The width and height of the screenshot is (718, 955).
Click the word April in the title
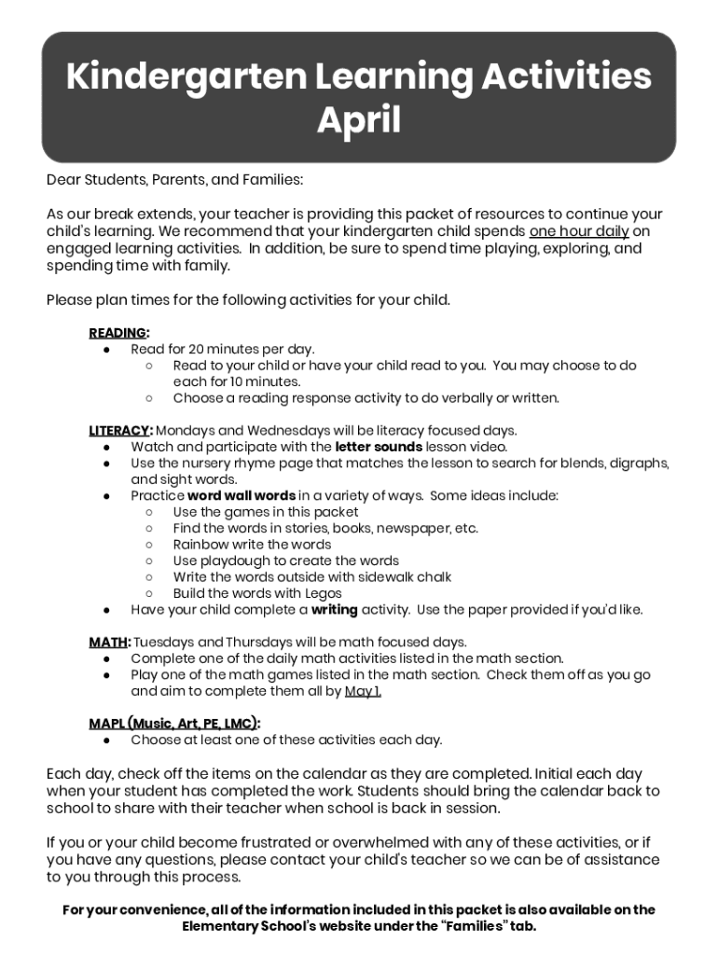click(x=359, y=120)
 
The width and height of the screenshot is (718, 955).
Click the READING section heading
click(x=117, y=333)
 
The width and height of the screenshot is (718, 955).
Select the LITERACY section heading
click(x=119, y=431)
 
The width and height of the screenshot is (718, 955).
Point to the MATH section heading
click(x=109, y=643)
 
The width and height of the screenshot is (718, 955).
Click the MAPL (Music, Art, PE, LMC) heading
click(x=173, y=724)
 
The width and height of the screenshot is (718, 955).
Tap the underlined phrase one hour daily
click(x=579, y=232)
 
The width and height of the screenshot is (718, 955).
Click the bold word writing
click(x=335, y=610)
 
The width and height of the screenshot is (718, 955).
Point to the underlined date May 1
click(x=363, y=691)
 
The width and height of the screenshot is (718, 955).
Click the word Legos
click(x=323, y=593)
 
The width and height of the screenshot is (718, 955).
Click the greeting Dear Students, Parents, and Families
click(x=174, y=179)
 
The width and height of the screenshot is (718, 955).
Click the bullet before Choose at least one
click(x=107, y=740)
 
